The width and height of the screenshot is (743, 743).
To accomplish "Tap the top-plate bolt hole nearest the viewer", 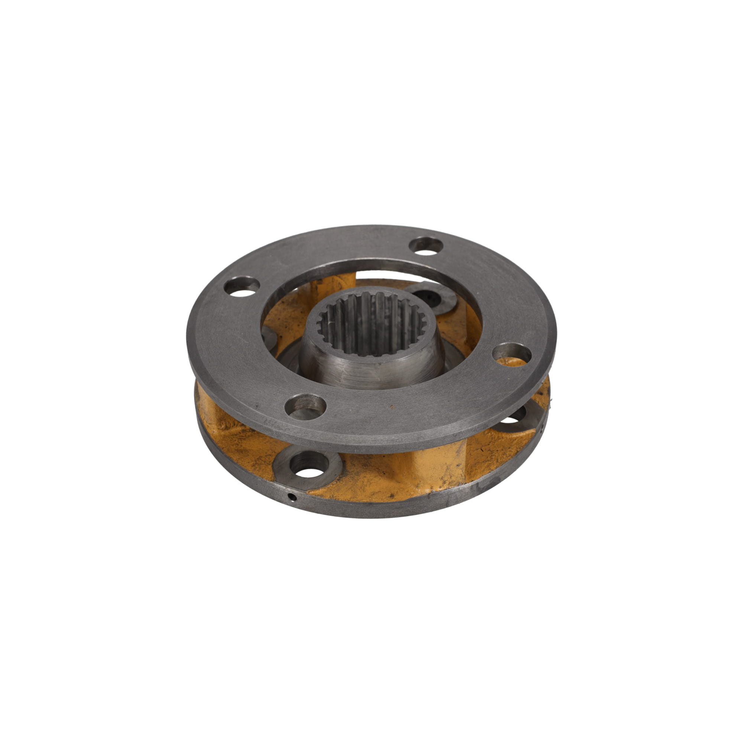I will tap(306, 406).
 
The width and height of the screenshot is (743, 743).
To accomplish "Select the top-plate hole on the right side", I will tap(512, 353).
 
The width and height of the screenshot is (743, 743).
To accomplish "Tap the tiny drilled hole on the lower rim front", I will tap(293, 498).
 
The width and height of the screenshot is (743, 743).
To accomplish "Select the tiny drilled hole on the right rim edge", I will tap(542, 426).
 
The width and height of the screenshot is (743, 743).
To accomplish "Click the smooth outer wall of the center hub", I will tap(369, 369).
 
